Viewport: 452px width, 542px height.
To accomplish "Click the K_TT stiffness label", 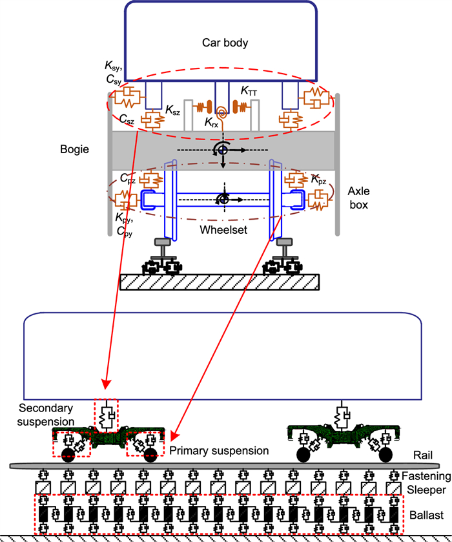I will pos(250,93).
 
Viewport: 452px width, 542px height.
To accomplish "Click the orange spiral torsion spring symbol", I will pos(221,109).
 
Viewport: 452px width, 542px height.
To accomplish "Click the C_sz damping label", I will pos(126,121).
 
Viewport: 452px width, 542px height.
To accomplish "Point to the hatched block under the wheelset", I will pos(220,282).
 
